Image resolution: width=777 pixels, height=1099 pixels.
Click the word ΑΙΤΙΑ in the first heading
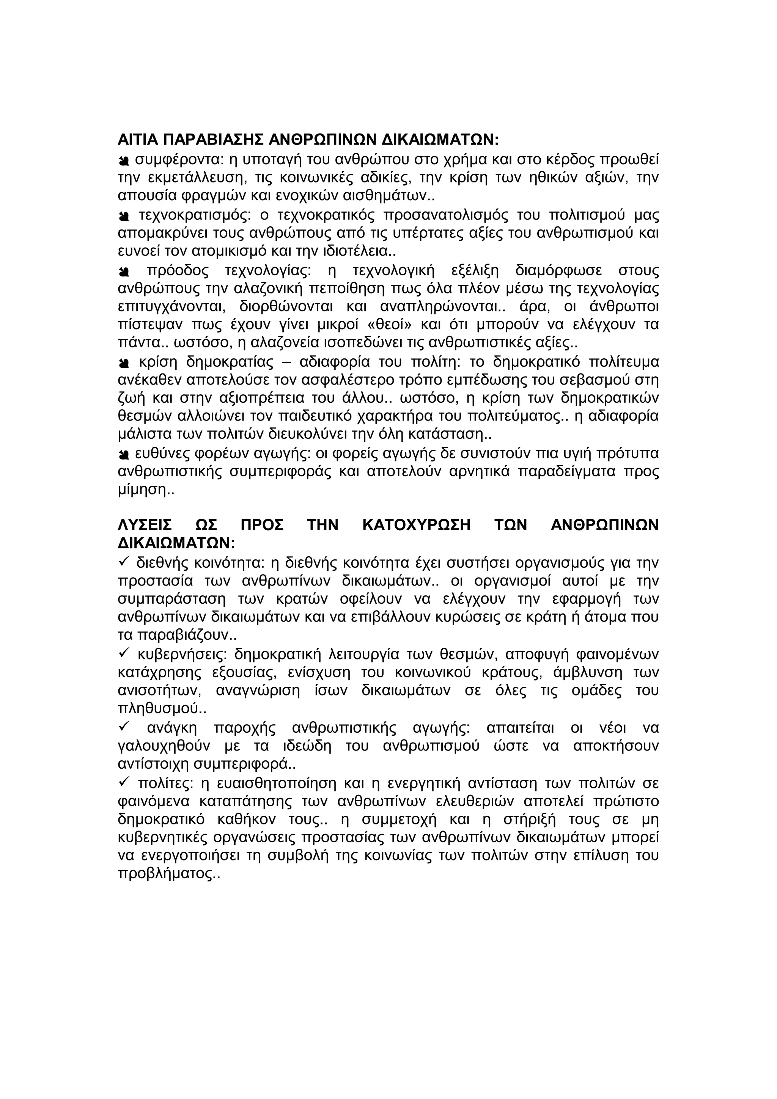pyautogui.click(x=138, y=140)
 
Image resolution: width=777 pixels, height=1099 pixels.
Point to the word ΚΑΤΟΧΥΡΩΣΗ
pyautogui.click(x=417, y=525)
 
